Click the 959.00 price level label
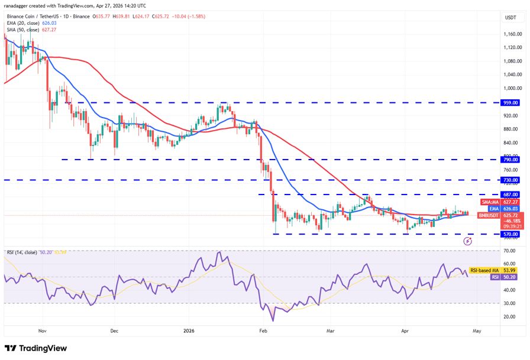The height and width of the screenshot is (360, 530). tap(510, 102)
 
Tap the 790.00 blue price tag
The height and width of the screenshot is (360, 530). tap(510, 160)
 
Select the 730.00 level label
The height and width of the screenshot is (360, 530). tap(510, 180)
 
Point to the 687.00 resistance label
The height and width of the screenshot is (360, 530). tap(510, 194)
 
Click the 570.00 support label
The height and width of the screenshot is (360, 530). tap(510, 234)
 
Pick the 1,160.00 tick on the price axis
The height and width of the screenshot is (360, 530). tap(512, 34)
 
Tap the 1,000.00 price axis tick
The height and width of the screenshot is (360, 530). tap(512, 88)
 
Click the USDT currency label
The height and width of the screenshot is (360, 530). tap(510, 18)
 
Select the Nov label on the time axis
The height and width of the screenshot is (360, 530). tap(41, 332)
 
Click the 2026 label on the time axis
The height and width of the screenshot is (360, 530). tap(189, 332)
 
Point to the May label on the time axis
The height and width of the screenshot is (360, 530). tap(477, 332)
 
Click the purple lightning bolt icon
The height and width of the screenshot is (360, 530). tap(468, 241)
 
